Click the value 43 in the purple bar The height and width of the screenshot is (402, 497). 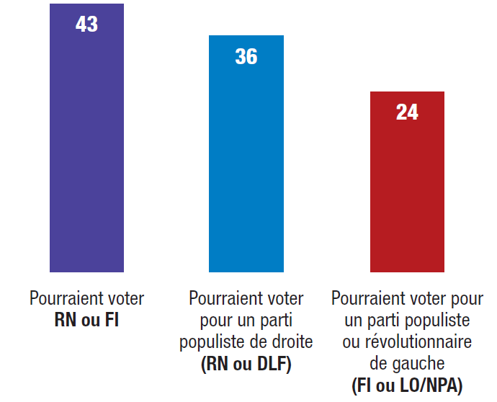(86, 24)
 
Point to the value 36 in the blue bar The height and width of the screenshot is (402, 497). (246, 57)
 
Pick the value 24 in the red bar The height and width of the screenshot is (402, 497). (407, 112)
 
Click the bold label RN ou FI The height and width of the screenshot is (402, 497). (86, 321)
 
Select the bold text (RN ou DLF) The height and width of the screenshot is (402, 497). (246, 365)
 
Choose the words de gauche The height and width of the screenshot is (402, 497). (407, 363)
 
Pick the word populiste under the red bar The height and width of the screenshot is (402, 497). (437, 319)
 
